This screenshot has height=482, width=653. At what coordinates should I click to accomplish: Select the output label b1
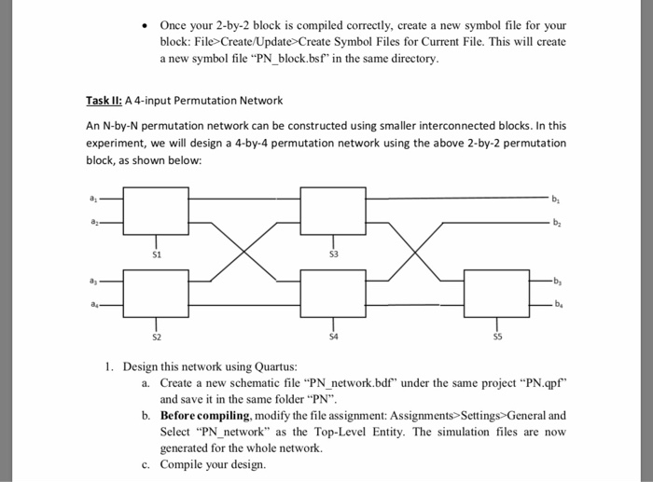point(558,198)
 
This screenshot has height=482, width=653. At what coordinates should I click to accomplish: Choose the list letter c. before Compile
point(146,463)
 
